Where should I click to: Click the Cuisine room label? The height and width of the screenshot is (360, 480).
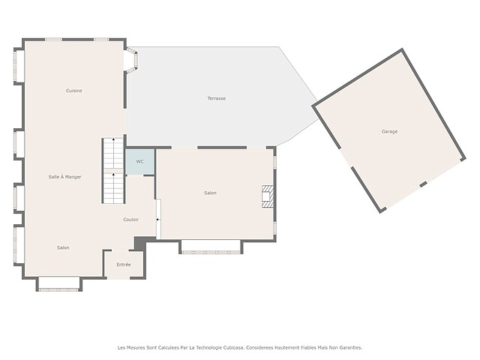coord(74,91)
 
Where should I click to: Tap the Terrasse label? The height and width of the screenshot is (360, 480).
coord(217,98)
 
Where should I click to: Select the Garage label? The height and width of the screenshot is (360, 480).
coord(389,132)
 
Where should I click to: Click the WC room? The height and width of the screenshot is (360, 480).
coord(140,162)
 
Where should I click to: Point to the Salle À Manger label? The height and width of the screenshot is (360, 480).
coord(65,177)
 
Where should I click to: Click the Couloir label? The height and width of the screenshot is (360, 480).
coord(130,220)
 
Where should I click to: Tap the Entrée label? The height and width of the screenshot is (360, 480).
coord(124,265)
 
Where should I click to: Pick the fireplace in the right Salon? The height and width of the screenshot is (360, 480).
coord(268,196)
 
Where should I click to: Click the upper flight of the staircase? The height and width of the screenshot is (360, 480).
coord(113,153)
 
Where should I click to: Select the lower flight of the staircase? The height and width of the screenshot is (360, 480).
coord(113,188)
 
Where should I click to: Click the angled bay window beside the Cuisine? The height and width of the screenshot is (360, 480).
coord(132,60)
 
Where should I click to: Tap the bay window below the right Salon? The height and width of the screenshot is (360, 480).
coord(211,247)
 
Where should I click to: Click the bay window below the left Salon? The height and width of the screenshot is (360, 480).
coord(59,284)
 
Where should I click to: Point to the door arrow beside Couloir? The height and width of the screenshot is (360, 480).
coord(157,220)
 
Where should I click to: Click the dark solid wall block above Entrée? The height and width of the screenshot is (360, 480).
coord(140,243)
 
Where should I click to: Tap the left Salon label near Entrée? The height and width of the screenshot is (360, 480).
coord(63,247)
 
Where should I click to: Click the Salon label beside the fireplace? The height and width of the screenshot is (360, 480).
coord(210,193)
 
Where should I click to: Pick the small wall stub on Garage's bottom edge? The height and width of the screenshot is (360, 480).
coord(423,184)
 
